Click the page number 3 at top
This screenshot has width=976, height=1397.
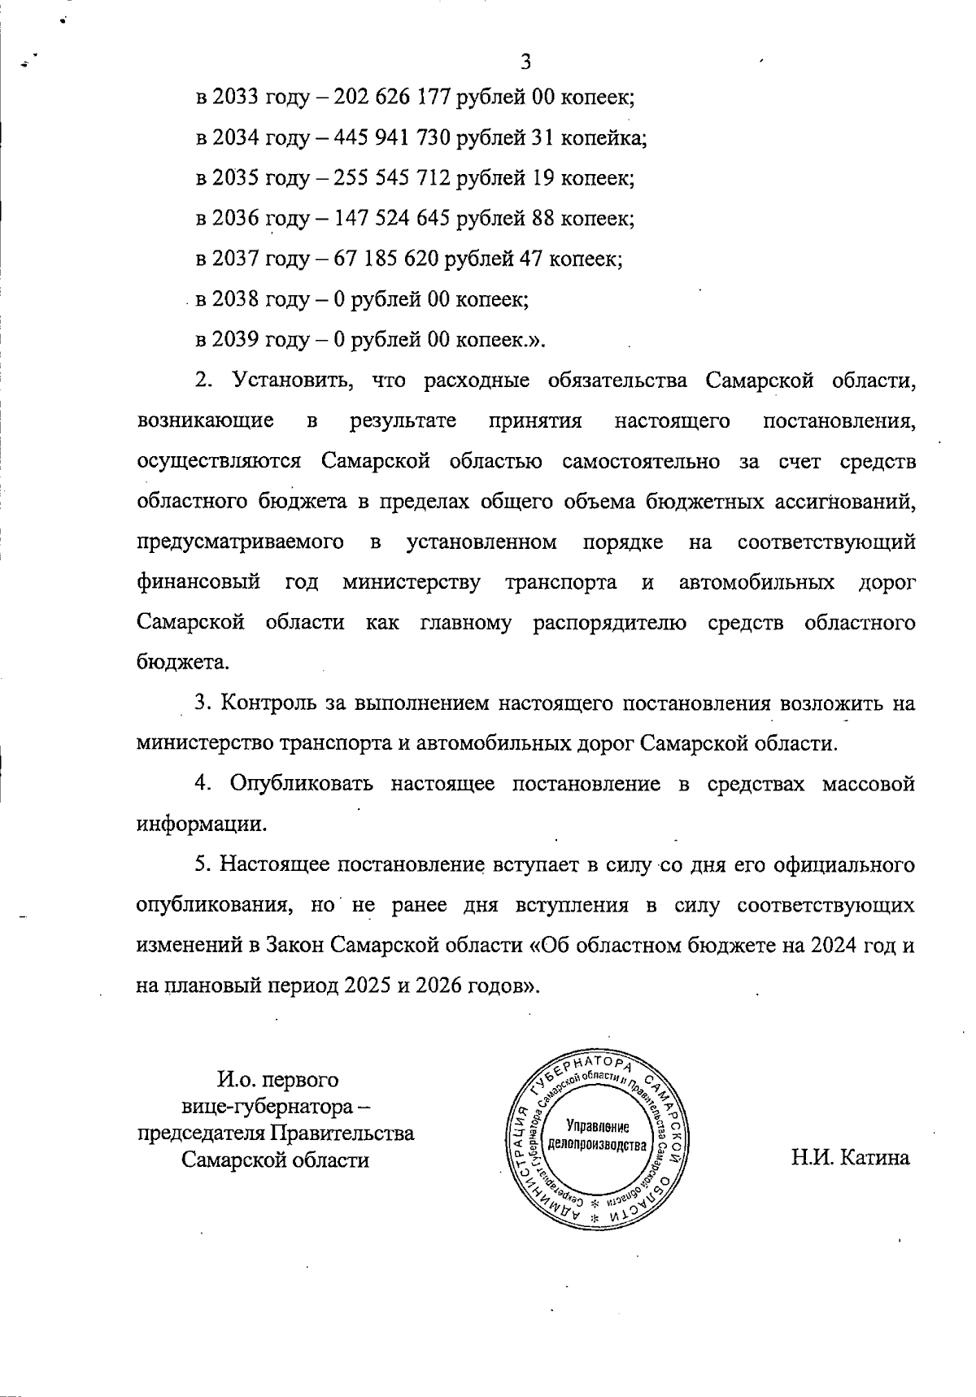(525, 62)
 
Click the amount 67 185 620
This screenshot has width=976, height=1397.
(386, 259)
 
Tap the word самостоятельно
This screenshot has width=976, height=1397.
(641, 462)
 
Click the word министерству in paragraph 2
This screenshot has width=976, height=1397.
(411, 583)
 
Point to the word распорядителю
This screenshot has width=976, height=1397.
(609, 624)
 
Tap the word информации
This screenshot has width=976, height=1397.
(201, 824)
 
